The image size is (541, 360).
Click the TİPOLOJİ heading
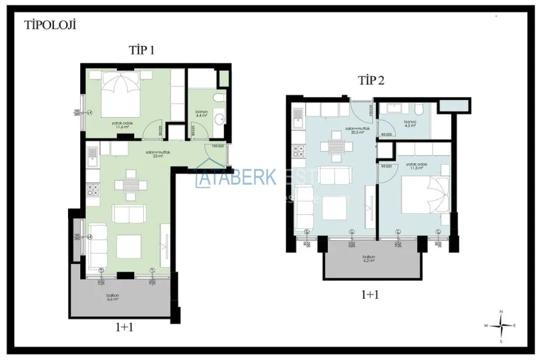click(50, 25)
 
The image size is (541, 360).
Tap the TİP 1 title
click(141, 51)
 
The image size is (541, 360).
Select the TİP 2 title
click(371, 80)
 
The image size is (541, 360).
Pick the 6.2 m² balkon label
click(369, 259)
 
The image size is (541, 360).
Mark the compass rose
click(502, 325)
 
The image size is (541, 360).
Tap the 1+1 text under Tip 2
click(371, 295)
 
